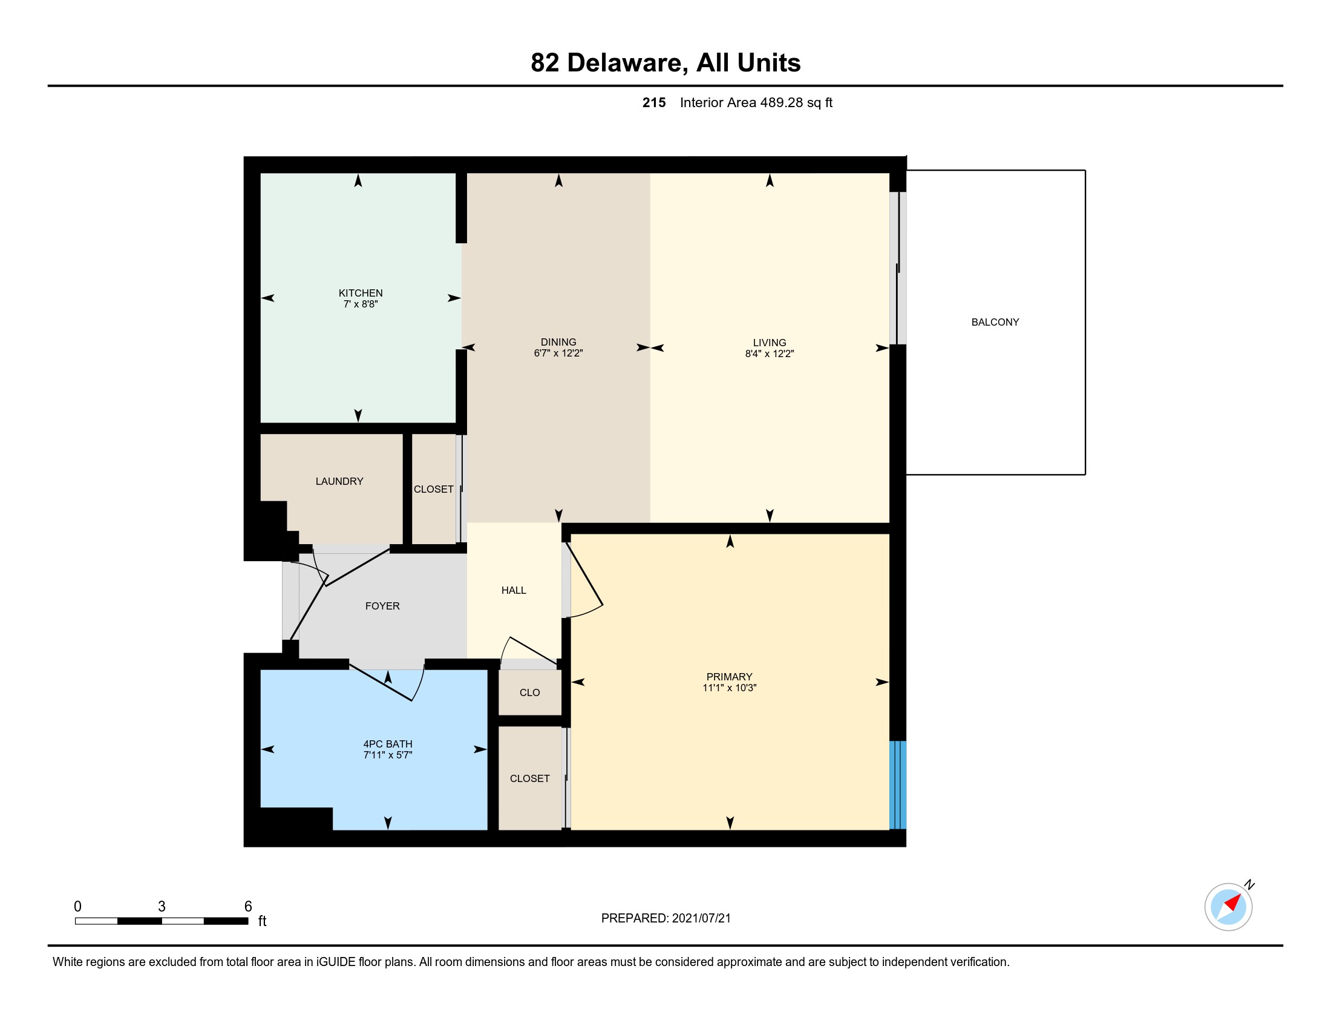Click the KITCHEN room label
click(x=360, y=293)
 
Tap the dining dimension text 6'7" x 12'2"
click(x=558, y=353)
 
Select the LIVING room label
click(x=769, y=343)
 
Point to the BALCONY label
click(x=995, y=322)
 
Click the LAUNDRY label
click(x=339, y=482)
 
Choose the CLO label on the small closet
click(x=529, y=692)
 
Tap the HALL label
click(x=513, y=590)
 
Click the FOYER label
click(x=382, y=606)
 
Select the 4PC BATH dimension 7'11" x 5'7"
click(x=388, y=755)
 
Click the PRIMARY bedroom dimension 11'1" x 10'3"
click(x=729, y=688)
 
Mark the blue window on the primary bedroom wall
click(x=898, y=784)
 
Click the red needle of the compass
click(x=1234, y=902)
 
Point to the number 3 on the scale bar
click(x=162, y=907)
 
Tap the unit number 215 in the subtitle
click(x=653, y=102)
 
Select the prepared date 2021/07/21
click(x=701, y=918)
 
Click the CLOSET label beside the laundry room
click(x=433, y=490)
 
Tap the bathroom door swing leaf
click(x=381, y=683)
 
